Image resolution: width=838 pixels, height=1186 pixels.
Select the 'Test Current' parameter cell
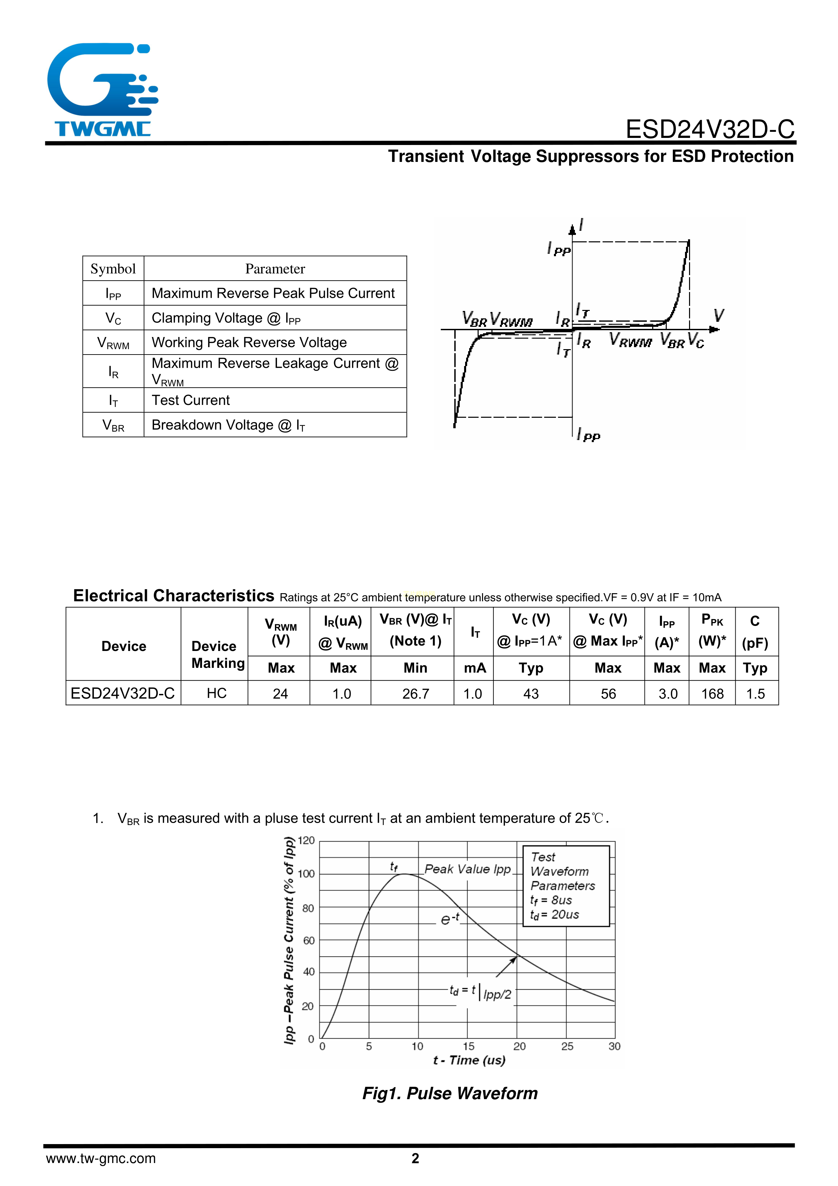pyautogui.click(x=191, y=400)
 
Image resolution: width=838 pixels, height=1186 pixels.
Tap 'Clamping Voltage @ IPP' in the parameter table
pyautogui.click(x=226, y=318)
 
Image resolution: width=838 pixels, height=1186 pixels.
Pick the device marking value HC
pyautogui.click(x=217, y=693)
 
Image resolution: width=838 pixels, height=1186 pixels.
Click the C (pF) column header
pyautogui.click(x=755, y=632)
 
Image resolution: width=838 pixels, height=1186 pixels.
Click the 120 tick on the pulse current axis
pyautogui.click(x=306, y=841)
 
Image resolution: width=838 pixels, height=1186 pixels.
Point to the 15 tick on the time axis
pyautogui.click(x=468, y=1046)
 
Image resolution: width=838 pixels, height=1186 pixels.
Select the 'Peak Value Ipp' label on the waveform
pyautogui.click(x=467, y=869)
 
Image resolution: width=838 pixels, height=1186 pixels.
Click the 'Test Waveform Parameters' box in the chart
pyautogui.click(x=566, y=886)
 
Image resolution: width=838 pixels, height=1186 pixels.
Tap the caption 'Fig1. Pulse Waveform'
pyautogui.click(x=450, y=1093)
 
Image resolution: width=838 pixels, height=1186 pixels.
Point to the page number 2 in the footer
pyautogui.click(x=415, y=1159)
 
